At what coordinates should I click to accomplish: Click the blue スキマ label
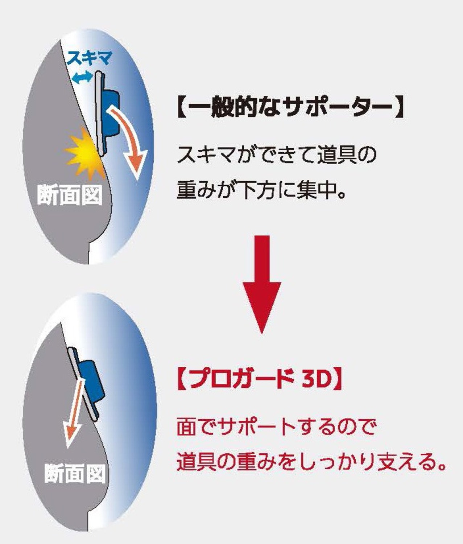click(x=90, y=58)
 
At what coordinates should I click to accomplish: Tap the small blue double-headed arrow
click(x=82, y=78)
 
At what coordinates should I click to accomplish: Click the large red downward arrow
click(x=262, y=284)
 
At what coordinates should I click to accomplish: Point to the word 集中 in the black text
click(x=316, y=190)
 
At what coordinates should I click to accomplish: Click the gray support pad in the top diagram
click(x=100, y=113)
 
